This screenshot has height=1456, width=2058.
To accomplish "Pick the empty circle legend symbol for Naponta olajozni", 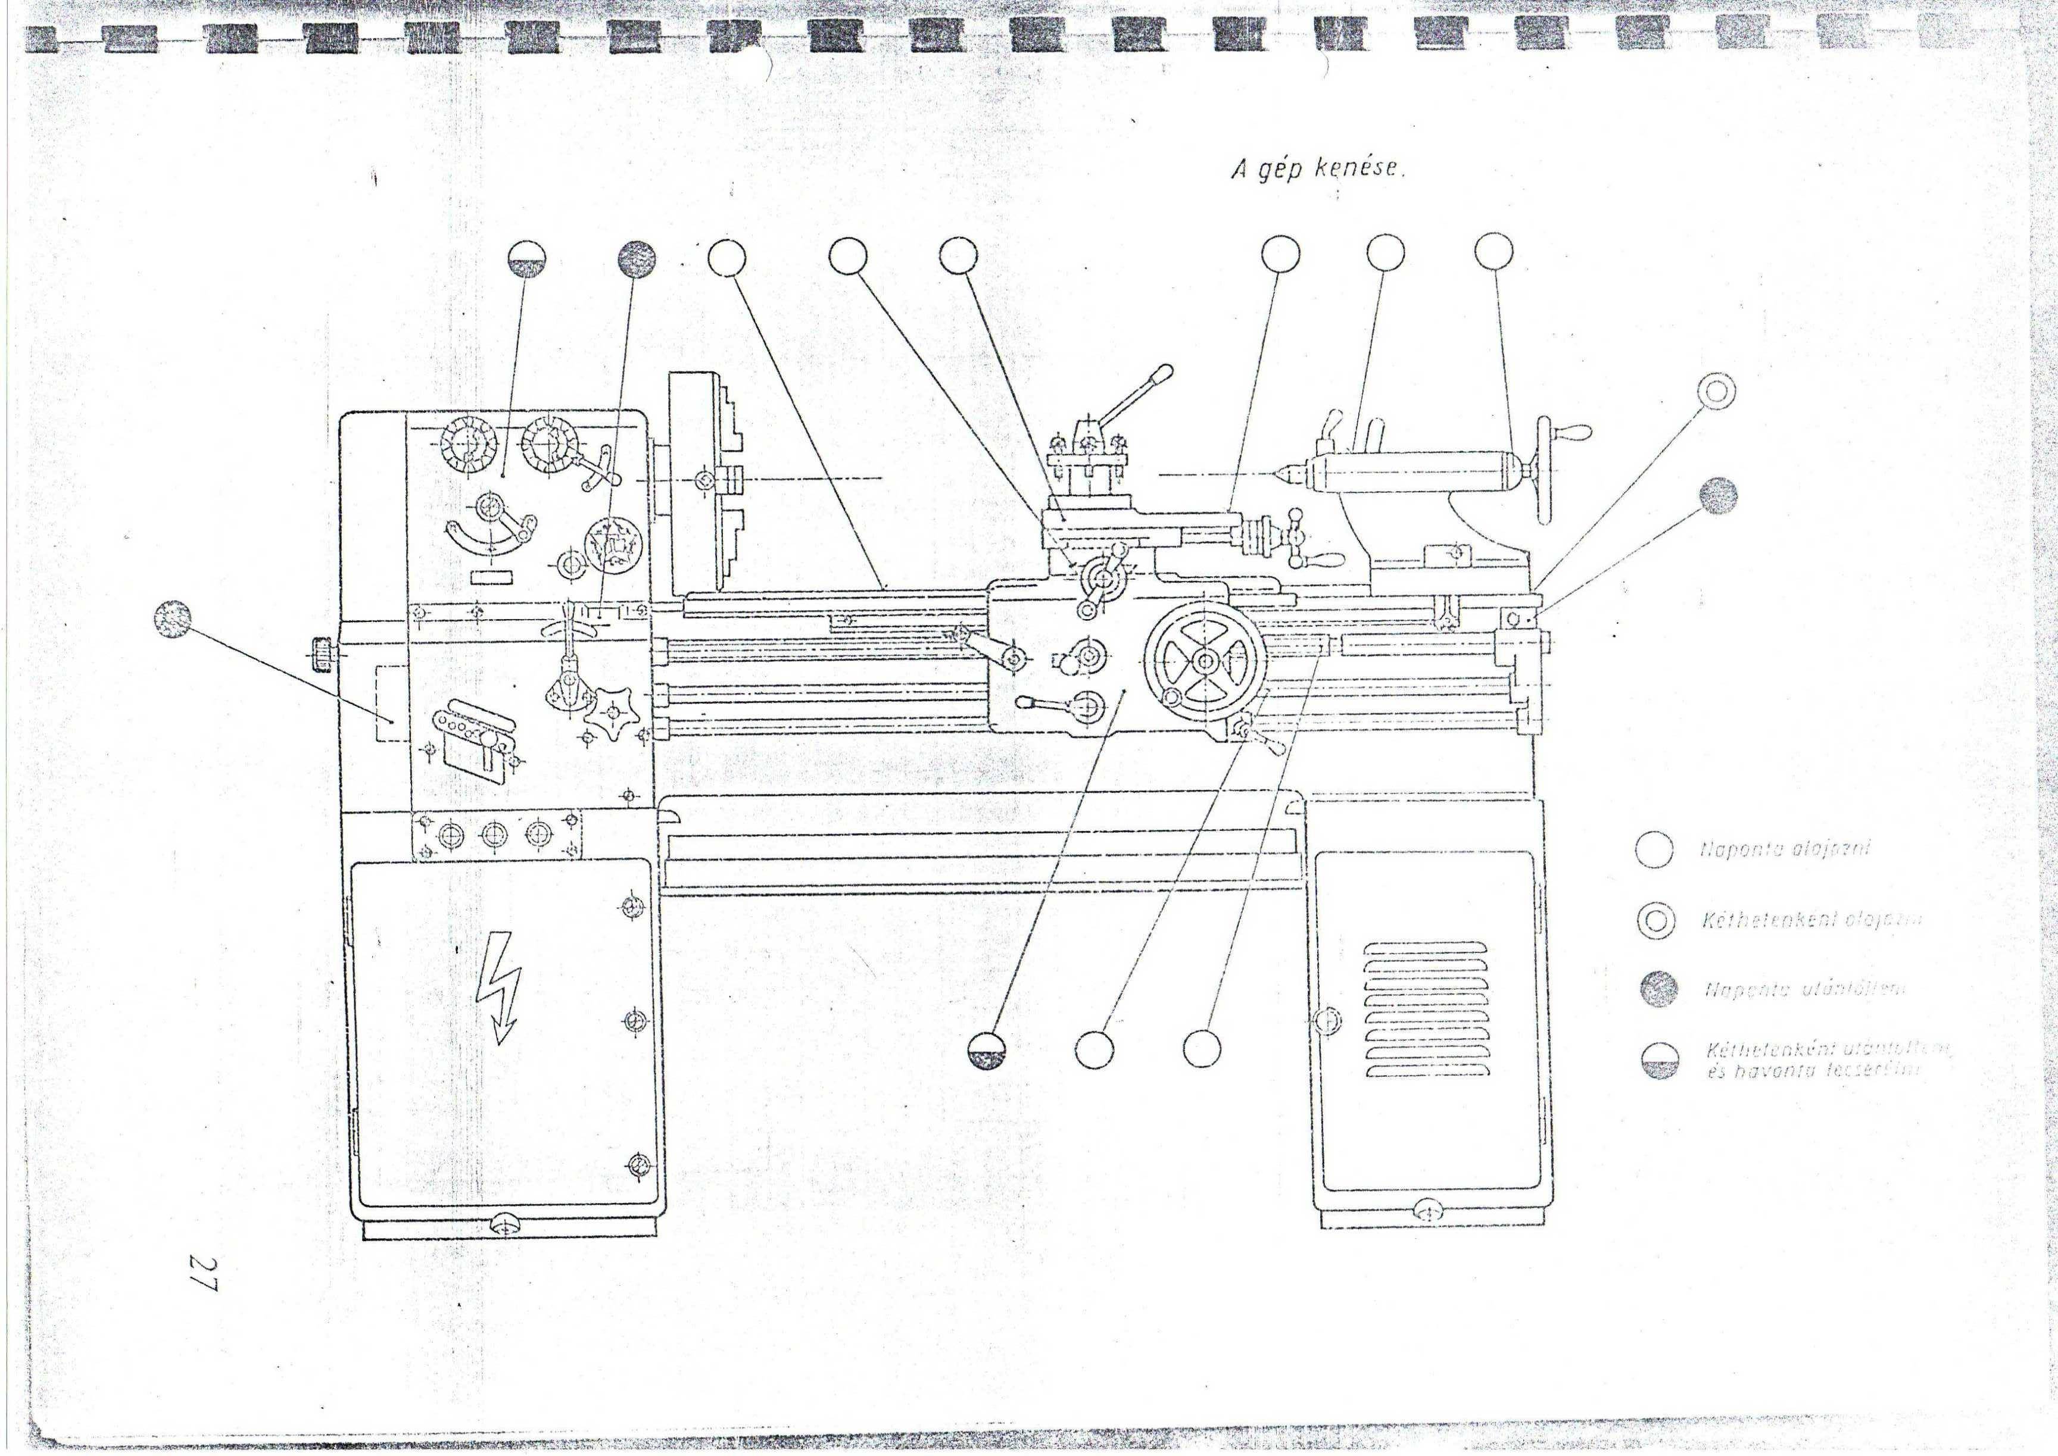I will [1654, 850].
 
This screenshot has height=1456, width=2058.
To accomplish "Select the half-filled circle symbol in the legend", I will [1657, 1061].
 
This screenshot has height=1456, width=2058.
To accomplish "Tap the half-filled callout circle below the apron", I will [987, 1049].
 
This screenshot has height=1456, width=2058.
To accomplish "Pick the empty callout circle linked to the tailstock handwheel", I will [1493, 252].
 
